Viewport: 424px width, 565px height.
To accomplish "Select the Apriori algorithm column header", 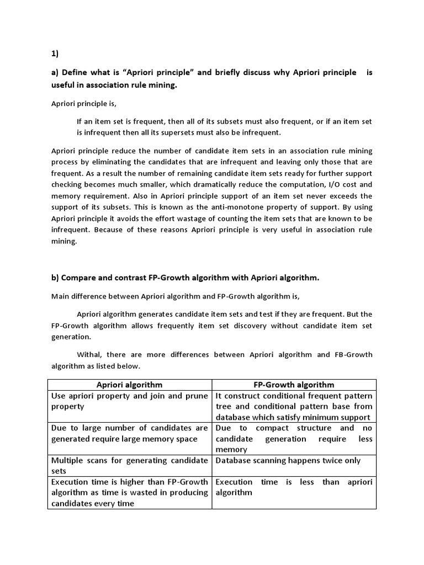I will [130, 385].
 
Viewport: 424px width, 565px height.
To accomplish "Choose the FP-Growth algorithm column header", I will [294, 385].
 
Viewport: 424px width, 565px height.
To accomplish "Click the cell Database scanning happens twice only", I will [288, 460].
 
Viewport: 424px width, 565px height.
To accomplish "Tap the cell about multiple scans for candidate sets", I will [130, 466].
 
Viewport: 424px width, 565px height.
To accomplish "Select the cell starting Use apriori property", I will [130, 401].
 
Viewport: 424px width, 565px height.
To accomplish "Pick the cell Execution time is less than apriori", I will [294, 487].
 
